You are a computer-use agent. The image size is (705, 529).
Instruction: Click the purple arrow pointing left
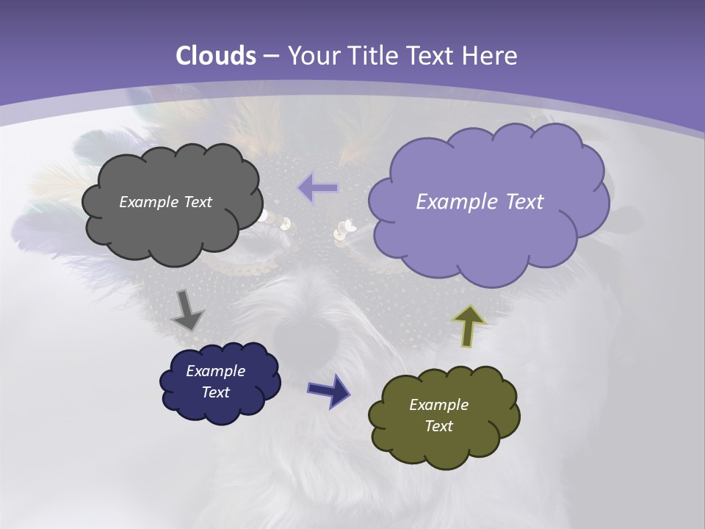(x=318, y=187)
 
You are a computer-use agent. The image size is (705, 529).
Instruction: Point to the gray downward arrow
(x=187, y=309)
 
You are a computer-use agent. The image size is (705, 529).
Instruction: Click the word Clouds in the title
(x=215, y=56)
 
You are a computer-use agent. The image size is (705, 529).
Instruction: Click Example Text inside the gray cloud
(x=165, y=201)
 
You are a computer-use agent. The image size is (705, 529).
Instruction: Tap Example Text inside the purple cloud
(x=480, y=201)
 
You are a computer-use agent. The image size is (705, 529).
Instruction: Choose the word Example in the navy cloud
(x=215, y=371)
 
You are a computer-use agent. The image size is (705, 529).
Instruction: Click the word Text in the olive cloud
(x=438, y=426)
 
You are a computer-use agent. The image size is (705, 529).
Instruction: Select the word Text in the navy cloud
(x=215, y=392)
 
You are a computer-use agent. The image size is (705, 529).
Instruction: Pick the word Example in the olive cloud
(x=438, y=405)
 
